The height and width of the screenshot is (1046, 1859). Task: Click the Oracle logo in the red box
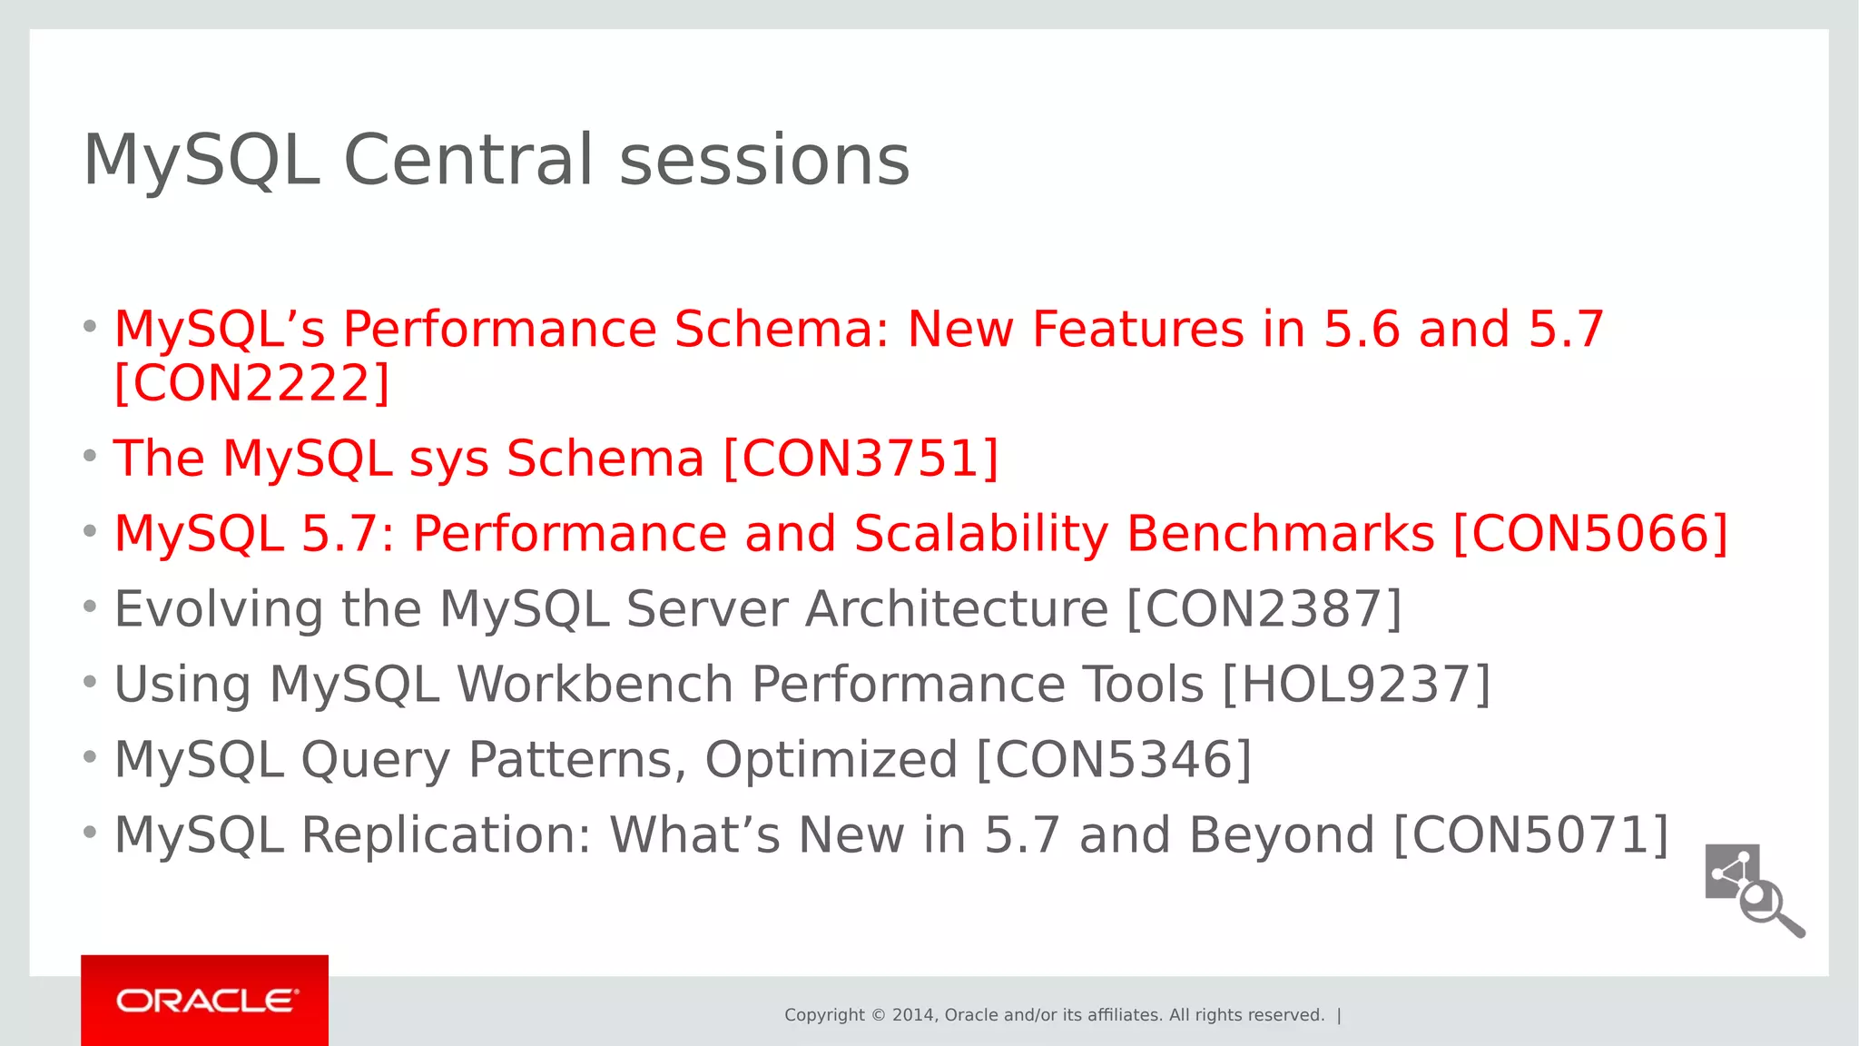(206, 1001)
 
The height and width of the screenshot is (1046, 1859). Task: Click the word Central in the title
(468, 160)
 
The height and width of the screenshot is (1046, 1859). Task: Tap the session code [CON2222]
(251, 383)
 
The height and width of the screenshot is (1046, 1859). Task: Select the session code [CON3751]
(861, 458)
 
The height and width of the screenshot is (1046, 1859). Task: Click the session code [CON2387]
(1264, 608)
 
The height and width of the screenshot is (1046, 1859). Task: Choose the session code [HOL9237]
(1356, 684)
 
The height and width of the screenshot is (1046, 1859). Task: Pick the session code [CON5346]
(1114, 759)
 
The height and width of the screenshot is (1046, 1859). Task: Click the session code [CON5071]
(1530, 834)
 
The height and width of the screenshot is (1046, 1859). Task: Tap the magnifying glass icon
(1770, 908)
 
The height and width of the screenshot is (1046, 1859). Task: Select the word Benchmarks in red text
(1280, 533)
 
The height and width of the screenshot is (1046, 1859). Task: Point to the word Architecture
(956, 608)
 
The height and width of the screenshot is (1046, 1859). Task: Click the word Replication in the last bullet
(445, 834)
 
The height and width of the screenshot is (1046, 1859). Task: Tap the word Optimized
(831, 759)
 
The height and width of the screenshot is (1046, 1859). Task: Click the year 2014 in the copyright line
(912, 1015)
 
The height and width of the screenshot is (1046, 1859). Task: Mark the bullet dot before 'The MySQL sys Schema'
(90, 455)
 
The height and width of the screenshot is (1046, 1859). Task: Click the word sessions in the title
(764, 160)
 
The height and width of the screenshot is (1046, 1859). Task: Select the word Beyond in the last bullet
(1281, 834)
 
